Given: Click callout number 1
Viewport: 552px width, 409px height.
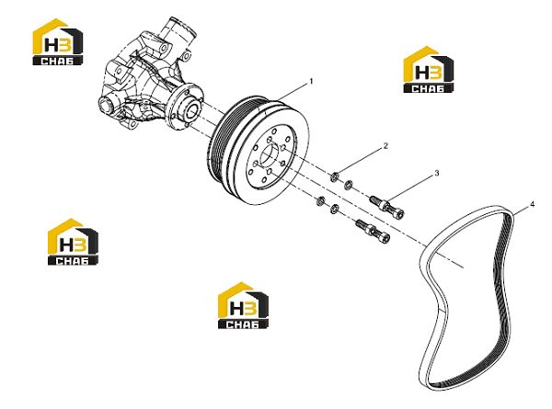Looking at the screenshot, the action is pos(311,82).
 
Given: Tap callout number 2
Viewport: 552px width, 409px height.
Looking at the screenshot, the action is pos(385,145).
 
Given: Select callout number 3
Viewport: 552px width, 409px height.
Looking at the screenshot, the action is pos(436,173).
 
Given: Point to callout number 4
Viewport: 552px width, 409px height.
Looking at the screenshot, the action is pos(533,204).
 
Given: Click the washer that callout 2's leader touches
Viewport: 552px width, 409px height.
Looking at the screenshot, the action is pos(335,176).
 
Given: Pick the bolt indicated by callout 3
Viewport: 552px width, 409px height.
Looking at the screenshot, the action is pos(386,206).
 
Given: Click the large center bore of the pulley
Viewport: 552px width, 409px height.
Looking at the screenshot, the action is pos(270,154).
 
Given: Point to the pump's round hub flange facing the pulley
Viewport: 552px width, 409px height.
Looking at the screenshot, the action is pos(185,107).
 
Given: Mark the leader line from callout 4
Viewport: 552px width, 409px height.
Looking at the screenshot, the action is pos(521,210).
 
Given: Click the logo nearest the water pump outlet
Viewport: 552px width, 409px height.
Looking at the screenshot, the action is pos(58,42).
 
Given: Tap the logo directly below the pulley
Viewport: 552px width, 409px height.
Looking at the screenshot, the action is pos(243,305).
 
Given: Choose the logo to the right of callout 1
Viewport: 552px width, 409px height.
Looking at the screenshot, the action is pos(428,69).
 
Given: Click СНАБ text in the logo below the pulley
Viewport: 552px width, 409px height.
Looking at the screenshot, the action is pos(243,324).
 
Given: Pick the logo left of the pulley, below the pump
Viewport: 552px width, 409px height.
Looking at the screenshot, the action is pos(73,242).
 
